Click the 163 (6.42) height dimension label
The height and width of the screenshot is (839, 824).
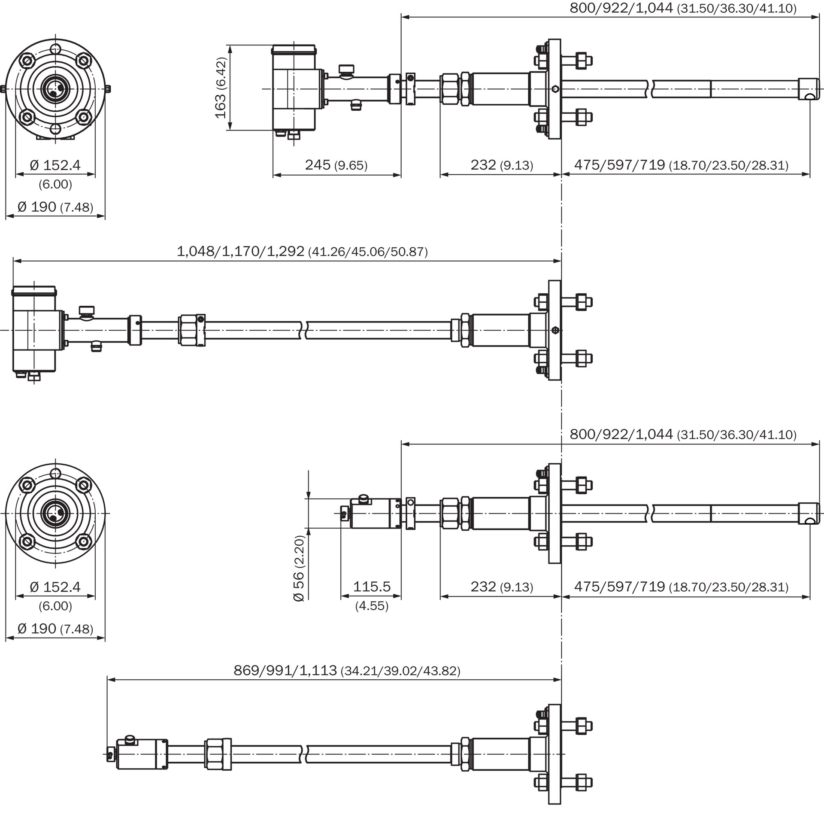click(220, 88)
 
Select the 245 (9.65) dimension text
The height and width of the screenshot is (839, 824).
click(336, 165)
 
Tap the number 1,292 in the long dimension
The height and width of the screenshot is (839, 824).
click(285, 251)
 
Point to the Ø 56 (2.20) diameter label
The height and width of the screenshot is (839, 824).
click(299, 568)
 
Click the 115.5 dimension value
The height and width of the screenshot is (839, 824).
click(371, 586)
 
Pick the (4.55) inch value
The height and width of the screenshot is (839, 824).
click(371, 606)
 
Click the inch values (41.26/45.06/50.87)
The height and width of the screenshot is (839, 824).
click(367, 252)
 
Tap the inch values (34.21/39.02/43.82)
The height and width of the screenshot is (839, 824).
click(400, 671)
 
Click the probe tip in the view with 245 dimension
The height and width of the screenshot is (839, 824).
click(808, 89)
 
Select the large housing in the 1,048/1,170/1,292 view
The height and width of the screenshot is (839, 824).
click(35, 330)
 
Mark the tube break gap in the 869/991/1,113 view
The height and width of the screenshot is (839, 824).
click(304, 754)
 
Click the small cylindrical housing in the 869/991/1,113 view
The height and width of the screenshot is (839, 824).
click(136, 754)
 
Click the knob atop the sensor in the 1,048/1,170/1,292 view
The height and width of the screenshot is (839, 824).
click(87, 310)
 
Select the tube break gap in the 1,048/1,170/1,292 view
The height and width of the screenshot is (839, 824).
click(304, 330)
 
